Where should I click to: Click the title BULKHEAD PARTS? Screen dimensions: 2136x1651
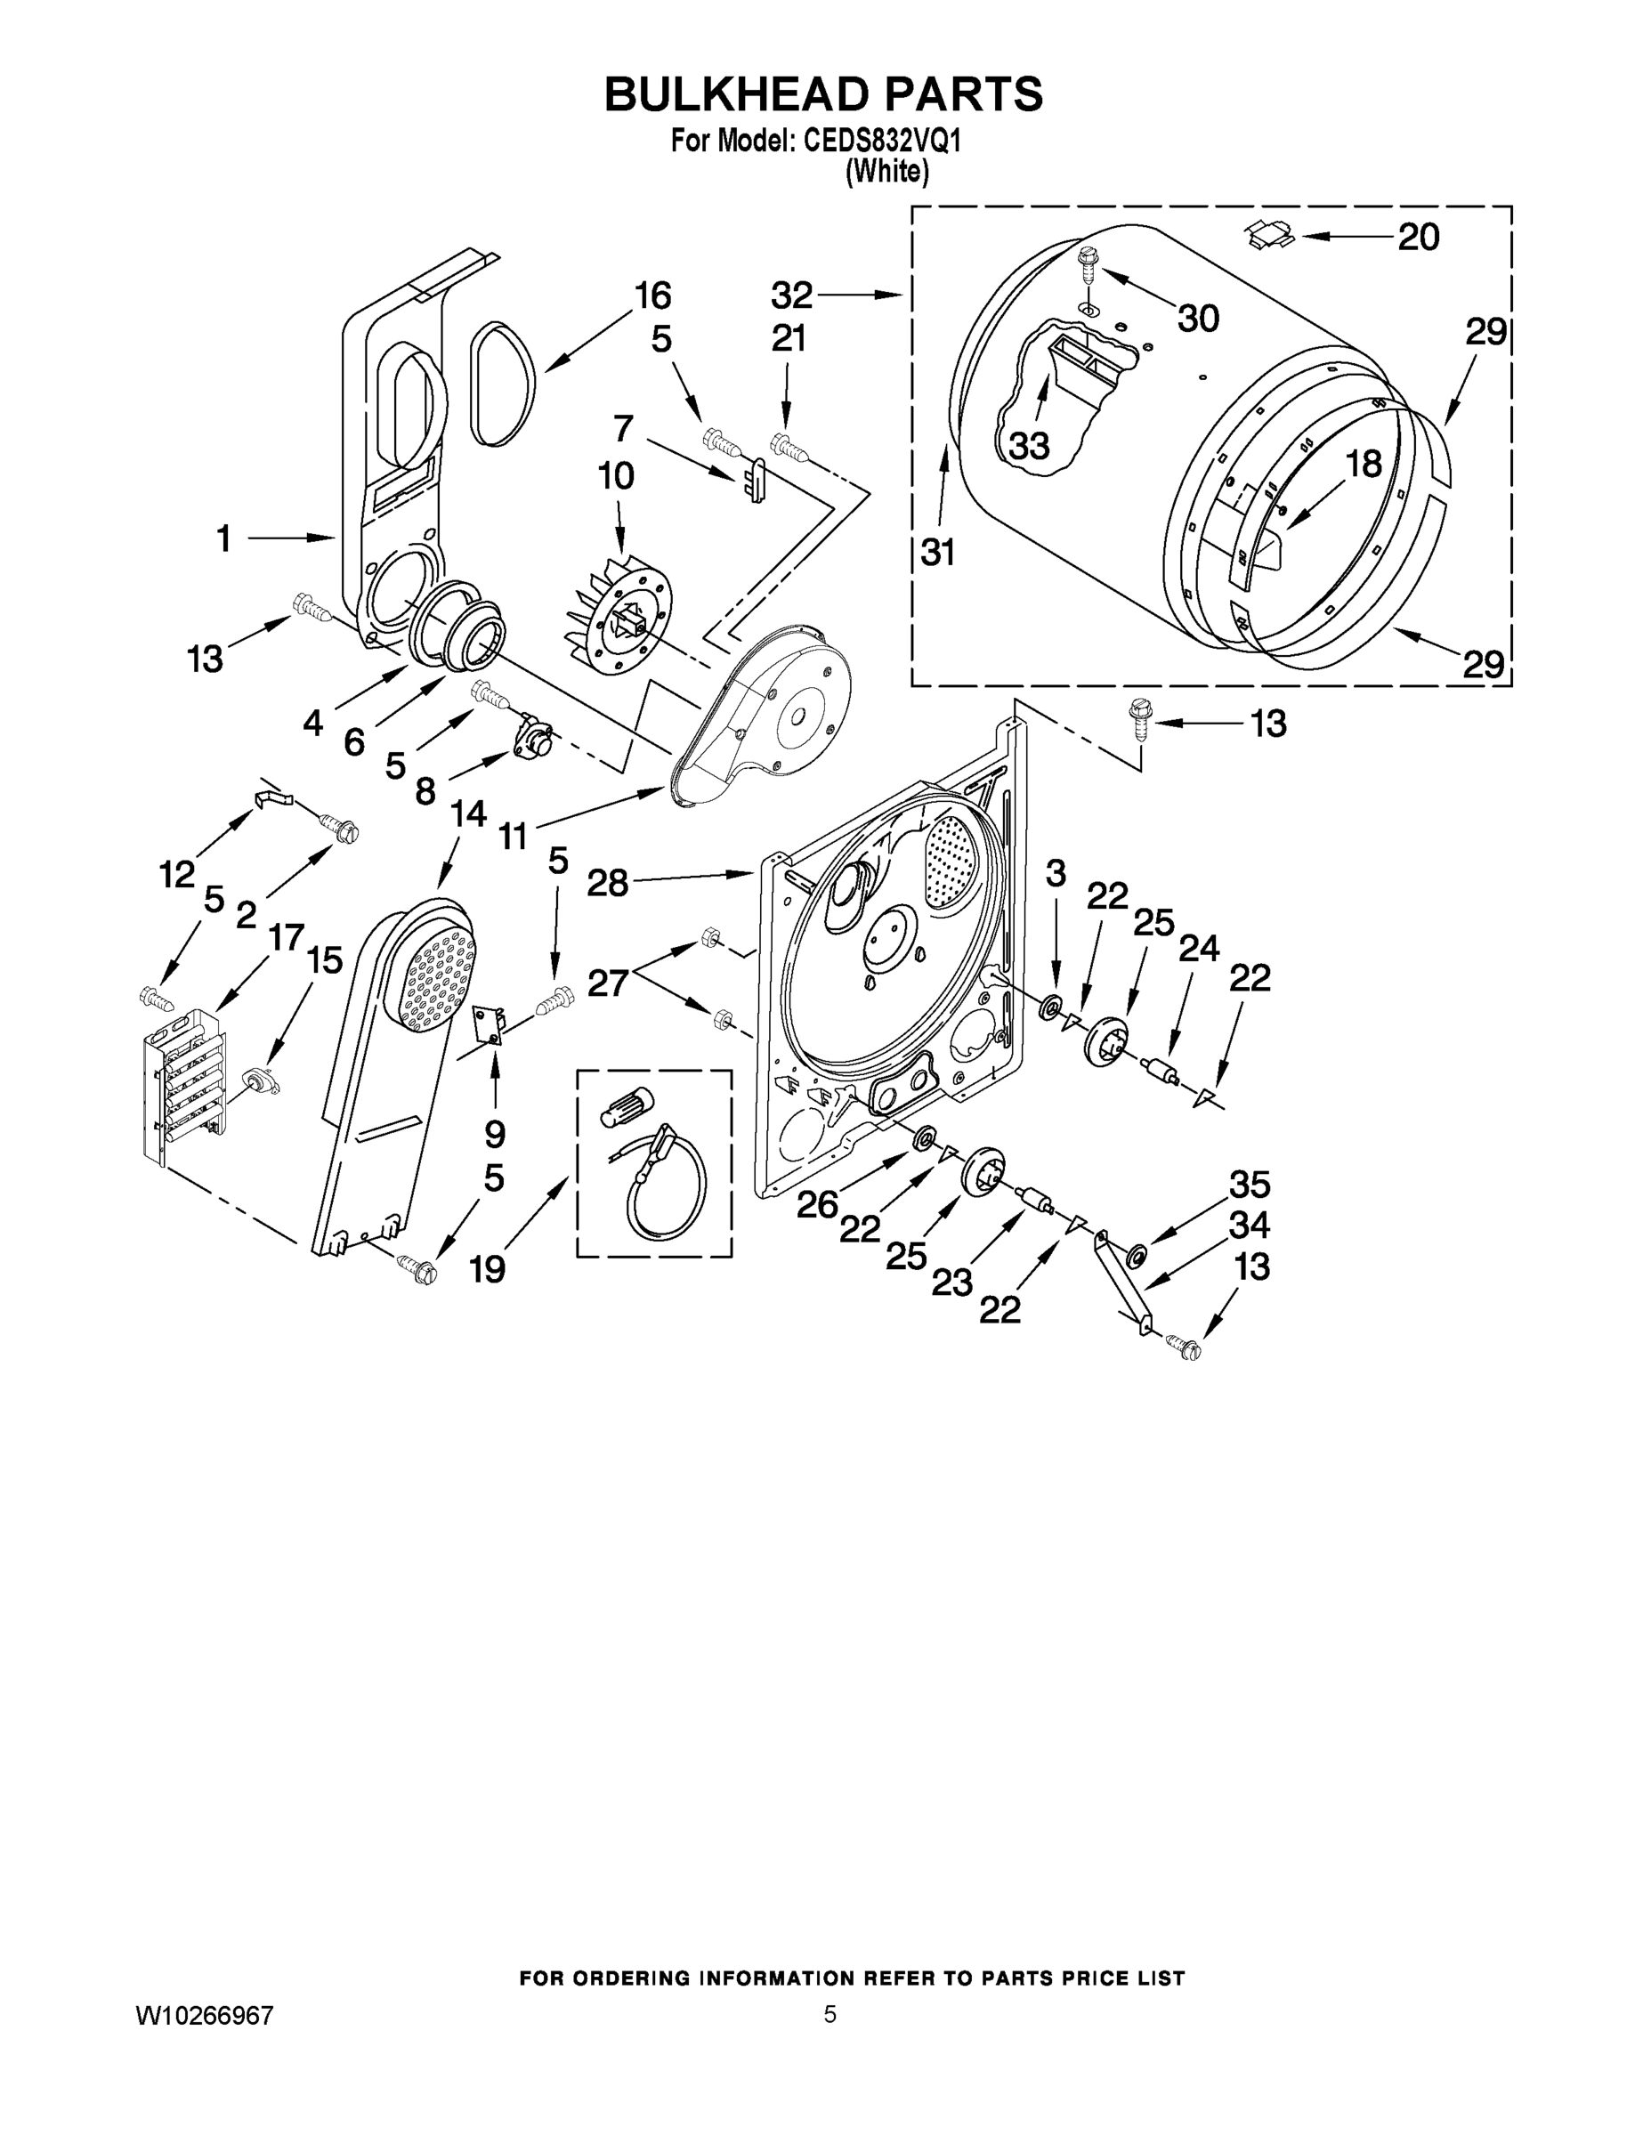click(x=823, y=95)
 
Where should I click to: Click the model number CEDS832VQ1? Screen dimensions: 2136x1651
click(x=882, y=142)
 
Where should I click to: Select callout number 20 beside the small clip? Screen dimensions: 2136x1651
click(x=1418, y=237)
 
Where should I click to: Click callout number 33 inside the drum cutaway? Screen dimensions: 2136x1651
click(x=1029, y=446)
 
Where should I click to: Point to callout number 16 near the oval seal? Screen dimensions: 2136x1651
click(x=652, y=295)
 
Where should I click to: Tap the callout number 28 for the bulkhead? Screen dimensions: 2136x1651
click(x=606, y=883)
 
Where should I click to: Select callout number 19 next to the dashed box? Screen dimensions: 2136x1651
click(x=487, y=1269)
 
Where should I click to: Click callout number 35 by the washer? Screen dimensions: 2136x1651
click(x=1249, y=1185)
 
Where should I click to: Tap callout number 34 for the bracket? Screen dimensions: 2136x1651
click(x=1249, y=1225)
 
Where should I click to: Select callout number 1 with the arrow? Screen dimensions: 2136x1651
click(x=224, y=538)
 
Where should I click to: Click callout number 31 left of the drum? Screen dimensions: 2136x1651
click(x=937, y=553)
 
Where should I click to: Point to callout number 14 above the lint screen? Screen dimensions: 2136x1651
click(x=468, y=813)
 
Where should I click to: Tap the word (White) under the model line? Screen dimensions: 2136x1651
click(x=886, y=171)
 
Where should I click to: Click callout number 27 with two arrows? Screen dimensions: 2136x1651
click(x=606, y=982)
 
